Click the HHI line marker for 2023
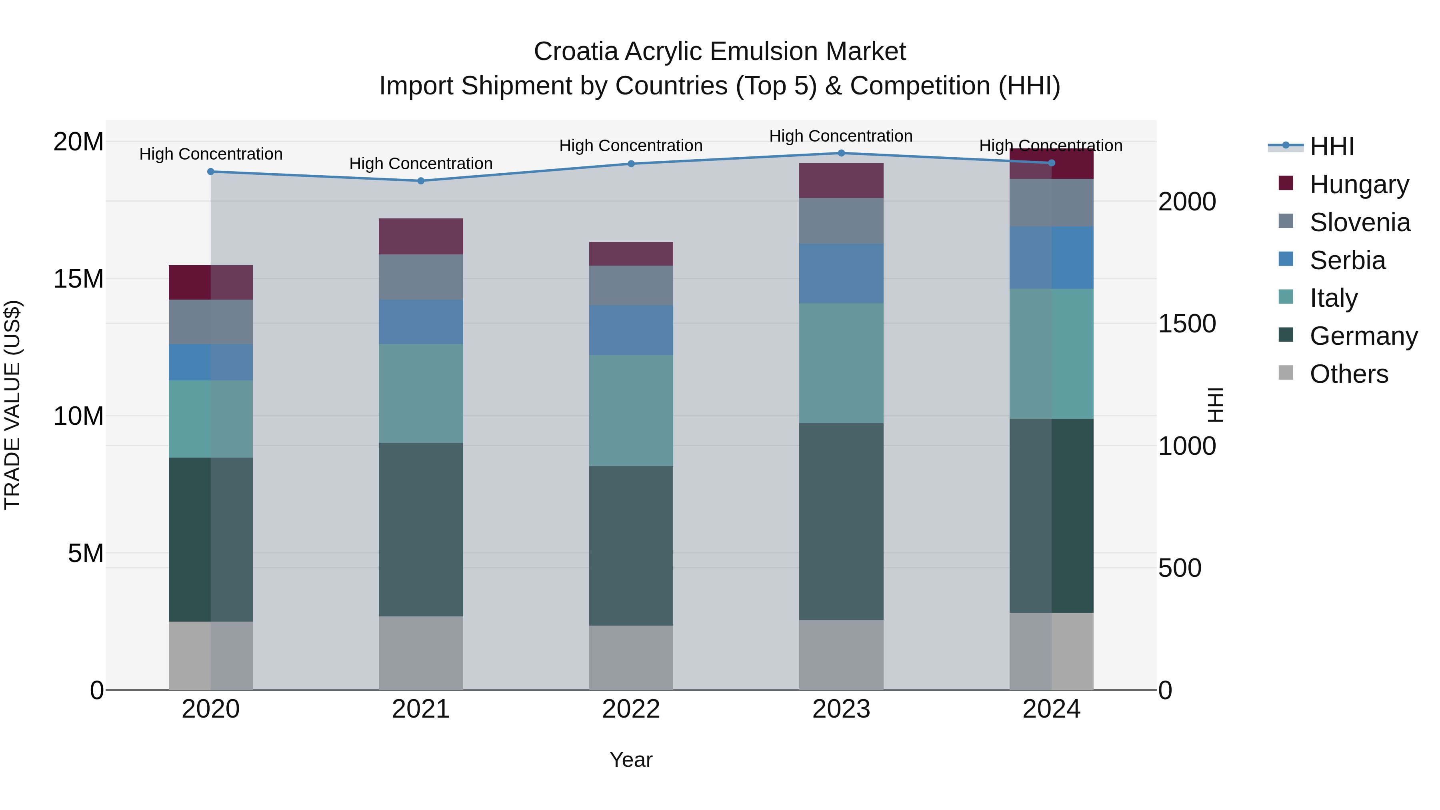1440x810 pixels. (x=841, y=153)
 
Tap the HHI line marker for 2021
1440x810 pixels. (x=421, y=180)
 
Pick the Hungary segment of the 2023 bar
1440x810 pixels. (x=841, y=180)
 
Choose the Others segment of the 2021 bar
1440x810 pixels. (x=421, y=653)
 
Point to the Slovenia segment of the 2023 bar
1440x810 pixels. (x=841, y=221)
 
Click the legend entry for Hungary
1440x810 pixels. (x=1358, y=184)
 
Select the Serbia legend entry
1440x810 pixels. (x=1347, y=260)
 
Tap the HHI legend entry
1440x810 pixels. (x=1332, y=146)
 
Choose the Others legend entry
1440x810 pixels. (x=1348, y=374)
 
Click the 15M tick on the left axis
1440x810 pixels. (x=78, y=278)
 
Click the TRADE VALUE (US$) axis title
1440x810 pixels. (x=12, y=405)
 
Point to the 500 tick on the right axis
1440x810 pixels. (x=1180, y=568)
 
